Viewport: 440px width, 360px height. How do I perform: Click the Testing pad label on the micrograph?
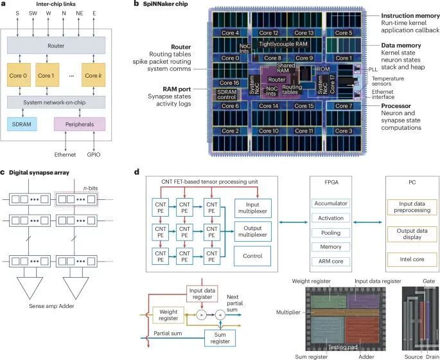click(342, 346)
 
